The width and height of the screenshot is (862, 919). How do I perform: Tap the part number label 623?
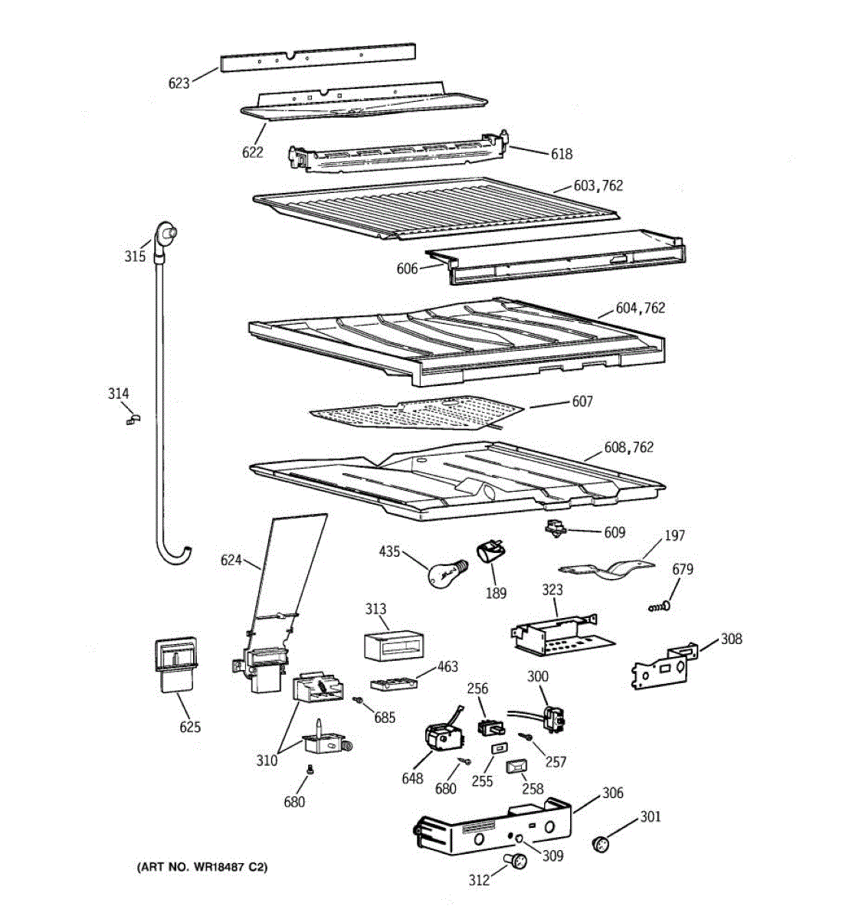(x=179, y=83)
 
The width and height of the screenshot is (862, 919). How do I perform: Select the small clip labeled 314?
(x=134, y=419)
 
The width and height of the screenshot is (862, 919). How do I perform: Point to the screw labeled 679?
(x=659, y=606)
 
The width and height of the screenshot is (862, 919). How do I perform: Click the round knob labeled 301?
(x=600, y=844)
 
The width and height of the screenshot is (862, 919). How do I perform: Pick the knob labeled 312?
(x=515, y=861)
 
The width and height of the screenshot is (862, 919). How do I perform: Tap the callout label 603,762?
(x=598, y=185)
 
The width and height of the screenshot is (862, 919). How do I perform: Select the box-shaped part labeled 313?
(x=394, y=646)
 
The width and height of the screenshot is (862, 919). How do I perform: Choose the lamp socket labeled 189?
(x=490, y=552)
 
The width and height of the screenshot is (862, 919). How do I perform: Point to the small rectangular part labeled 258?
(x=514, y=767)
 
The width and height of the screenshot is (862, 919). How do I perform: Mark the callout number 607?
(x=582, y=401)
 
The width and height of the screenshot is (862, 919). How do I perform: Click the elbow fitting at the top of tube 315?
(x=165, y=234)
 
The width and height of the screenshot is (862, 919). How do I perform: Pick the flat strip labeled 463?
(x=393, y=683)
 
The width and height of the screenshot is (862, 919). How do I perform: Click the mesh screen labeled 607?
(x=418, y=411)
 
